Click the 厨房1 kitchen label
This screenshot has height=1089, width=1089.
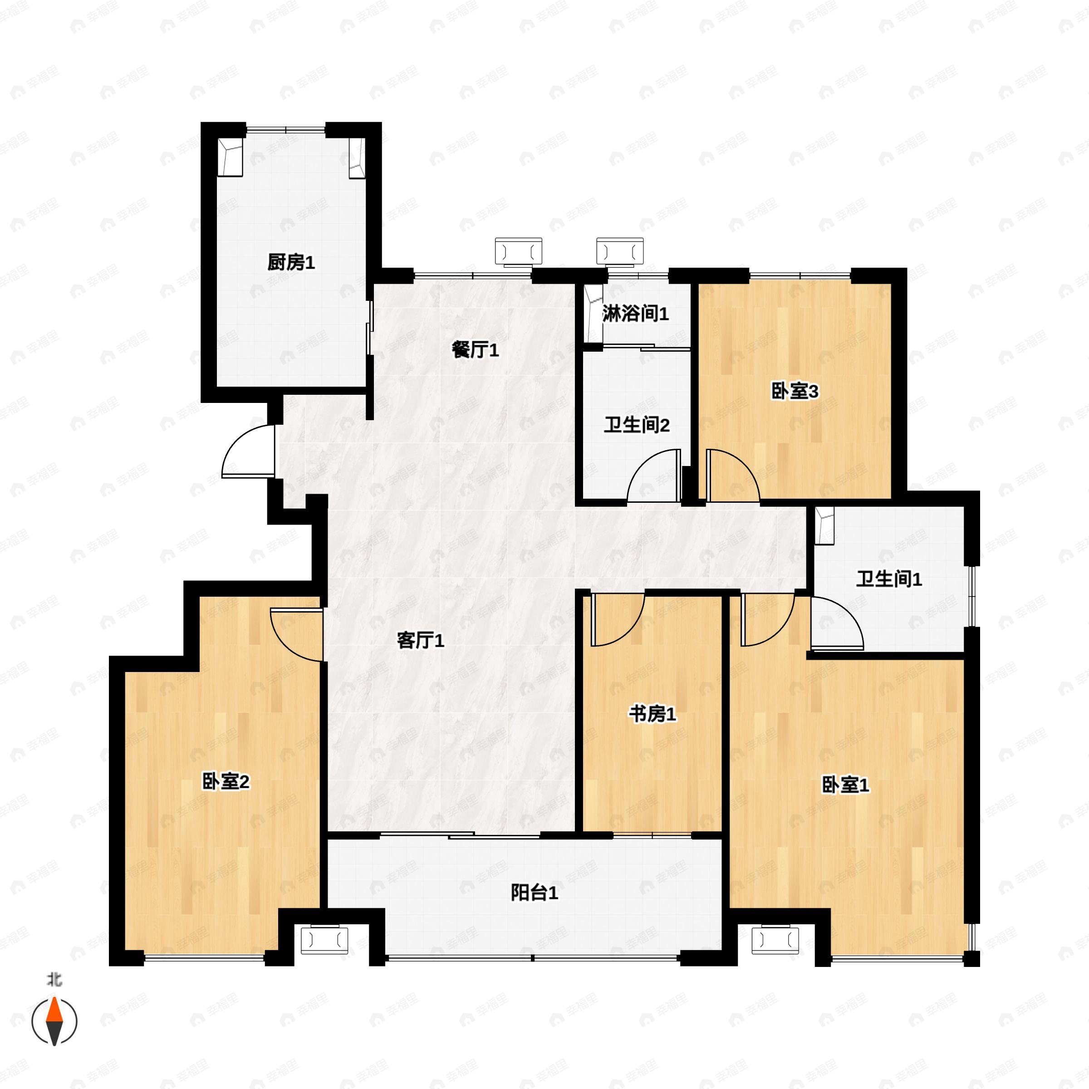pyautogui.click(x=291, y=262)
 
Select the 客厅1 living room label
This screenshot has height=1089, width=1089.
pyautogui.click(x=421, y=640)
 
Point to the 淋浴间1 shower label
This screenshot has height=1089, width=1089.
pyautogui.click(x=635, y=314)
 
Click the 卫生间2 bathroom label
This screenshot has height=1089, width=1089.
pyautogui.click(x=636, y=425)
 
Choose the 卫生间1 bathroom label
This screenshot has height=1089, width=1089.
pyautogui.click(x=889, y=579)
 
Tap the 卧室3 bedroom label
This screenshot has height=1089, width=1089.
pyautogui.click(x=795, y=391)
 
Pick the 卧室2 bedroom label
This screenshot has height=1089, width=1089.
pyautogui.click(x=226, y=782)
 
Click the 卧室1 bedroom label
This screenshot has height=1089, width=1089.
pyautogui.click(x=845, y=785)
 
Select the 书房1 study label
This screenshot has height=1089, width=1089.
pyautogui.click(x=652, y=714)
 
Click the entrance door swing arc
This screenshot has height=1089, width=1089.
pyautogui.click(x=248, y=451)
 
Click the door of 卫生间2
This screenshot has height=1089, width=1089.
pyautogui.click(x=654, y=476)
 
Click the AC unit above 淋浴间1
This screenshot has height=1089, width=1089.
pyautogui.click(x=619, y=251)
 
